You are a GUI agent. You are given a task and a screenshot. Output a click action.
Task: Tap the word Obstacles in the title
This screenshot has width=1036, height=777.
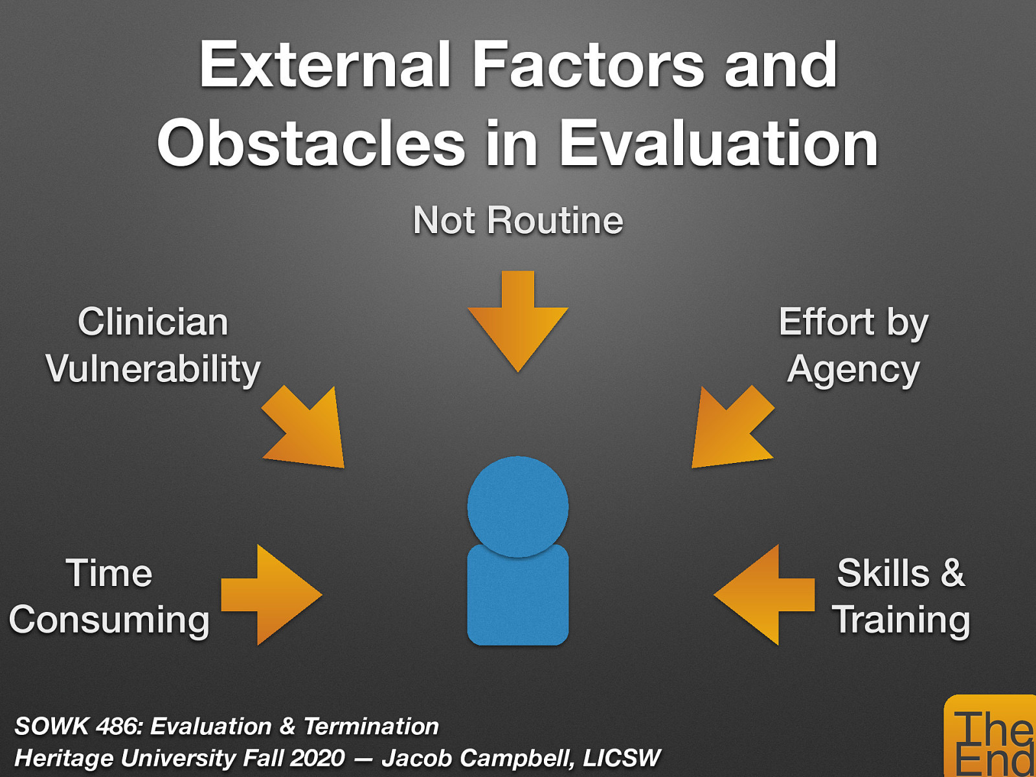pos(311,144)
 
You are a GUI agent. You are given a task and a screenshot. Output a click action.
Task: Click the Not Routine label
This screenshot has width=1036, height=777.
pos(518,221)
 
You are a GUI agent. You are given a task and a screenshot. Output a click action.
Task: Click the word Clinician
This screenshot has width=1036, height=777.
pos(153,322)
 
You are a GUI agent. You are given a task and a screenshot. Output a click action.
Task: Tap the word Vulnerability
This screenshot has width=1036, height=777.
pos(153,368)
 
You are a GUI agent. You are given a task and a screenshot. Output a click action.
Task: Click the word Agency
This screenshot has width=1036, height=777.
pos(853,370)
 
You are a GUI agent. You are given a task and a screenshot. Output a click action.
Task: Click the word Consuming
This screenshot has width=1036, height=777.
pos(109,620)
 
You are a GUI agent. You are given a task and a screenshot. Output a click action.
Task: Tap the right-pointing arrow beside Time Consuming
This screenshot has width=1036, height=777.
pos(272,594)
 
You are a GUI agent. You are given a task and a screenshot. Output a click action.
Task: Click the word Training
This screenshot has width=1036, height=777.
pos(901,620)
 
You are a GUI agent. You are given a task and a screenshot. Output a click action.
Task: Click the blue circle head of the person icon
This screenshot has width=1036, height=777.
pos(518,505)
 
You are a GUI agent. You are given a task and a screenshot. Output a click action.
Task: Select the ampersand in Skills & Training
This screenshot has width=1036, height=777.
pos(952,573)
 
